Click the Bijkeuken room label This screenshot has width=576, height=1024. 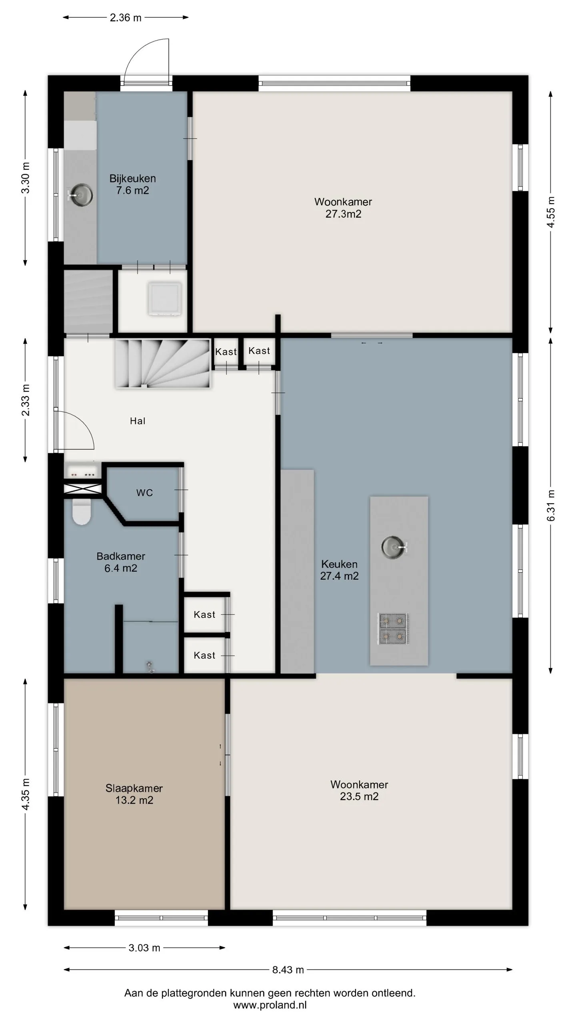(132, 184)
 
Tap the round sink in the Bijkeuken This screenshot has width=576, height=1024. (80, 195)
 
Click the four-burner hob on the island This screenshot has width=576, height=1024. (394, 628)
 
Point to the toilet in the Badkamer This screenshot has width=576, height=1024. (82, 512)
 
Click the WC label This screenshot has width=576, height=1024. (144, 493)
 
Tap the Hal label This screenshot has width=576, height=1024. (138, 421)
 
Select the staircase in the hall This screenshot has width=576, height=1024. (163, 363)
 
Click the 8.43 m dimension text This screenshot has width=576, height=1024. (288, 970)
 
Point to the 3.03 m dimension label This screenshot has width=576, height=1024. (144, 948)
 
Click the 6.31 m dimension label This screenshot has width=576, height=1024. (551, 505)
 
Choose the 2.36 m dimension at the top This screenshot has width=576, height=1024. (126, 18)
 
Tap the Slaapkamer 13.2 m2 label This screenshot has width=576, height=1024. (134, 794)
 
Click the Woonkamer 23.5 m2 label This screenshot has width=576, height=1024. (359, 790)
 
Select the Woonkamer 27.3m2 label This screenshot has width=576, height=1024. (343, 208)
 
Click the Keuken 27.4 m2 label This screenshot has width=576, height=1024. (339, 570)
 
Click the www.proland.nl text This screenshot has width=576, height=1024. (270, 1005)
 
